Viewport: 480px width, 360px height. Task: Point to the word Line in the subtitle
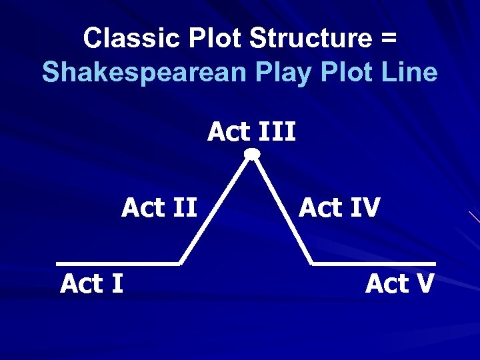[409, 72]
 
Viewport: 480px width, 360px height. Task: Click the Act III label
[251, 132]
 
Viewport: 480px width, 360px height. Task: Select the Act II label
[159, 208]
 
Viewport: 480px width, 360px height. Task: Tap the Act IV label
[339, 208]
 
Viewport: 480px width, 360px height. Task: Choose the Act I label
[91, 284]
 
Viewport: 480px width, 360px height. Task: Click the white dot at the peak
[252, 155]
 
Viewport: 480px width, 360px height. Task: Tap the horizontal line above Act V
[373, 263]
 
